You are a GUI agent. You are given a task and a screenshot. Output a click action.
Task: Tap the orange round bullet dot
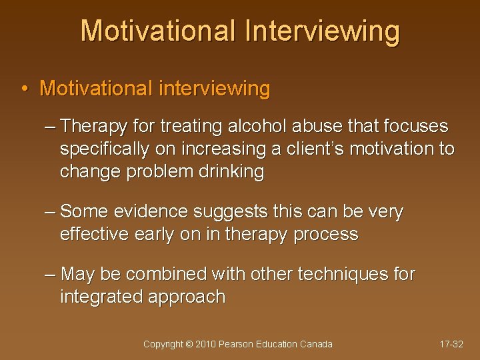point(24,89)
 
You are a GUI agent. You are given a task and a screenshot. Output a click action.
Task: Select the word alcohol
point(251,127)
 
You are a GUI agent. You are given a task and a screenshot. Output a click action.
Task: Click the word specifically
point(105,149)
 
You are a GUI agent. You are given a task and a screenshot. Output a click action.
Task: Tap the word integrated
point(99,297)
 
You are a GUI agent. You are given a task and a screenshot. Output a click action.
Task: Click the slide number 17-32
point(451,344)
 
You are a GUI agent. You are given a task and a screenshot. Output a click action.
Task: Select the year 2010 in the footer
point(207,344)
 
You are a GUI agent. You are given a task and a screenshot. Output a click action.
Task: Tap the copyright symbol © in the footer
point(189,344)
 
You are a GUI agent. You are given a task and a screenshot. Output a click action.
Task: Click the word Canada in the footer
point(316,344)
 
